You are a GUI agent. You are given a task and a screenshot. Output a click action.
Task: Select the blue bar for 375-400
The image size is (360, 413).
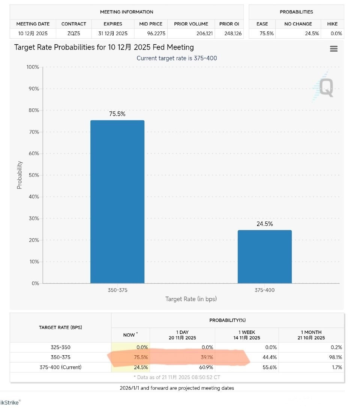point(264,257)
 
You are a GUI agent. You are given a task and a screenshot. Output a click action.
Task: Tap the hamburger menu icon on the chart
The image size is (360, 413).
point(333,49)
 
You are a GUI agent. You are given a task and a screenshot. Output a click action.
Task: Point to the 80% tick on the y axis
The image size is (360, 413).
point(33,111)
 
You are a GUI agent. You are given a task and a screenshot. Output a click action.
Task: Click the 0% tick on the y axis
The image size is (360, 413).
point(35,284)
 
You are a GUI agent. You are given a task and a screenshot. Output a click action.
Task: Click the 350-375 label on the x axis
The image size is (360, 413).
point(117,290)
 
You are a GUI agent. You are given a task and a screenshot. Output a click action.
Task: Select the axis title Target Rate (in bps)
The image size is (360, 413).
point(191,299)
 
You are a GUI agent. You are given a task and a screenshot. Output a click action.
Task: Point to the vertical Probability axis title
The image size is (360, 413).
point(19,175)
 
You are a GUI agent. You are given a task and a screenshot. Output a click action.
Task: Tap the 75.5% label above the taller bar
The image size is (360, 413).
point(117,114)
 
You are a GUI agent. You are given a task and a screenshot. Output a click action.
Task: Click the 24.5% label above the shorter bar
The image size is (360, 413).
point(264,224)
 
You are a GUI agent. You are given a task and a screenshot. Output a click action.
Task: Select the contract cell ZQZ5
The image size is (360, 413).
point(74,33)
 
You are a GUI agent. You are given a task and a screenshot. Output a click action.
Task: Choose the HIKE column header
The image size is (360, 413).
point(332,24)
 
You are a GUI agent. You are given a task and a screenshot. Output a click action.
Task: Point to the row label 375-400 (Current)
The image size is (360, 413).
point(60,367)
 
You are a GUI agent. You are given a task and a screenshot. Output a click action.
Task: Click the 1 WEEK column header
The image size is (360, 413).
point(247,335)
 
